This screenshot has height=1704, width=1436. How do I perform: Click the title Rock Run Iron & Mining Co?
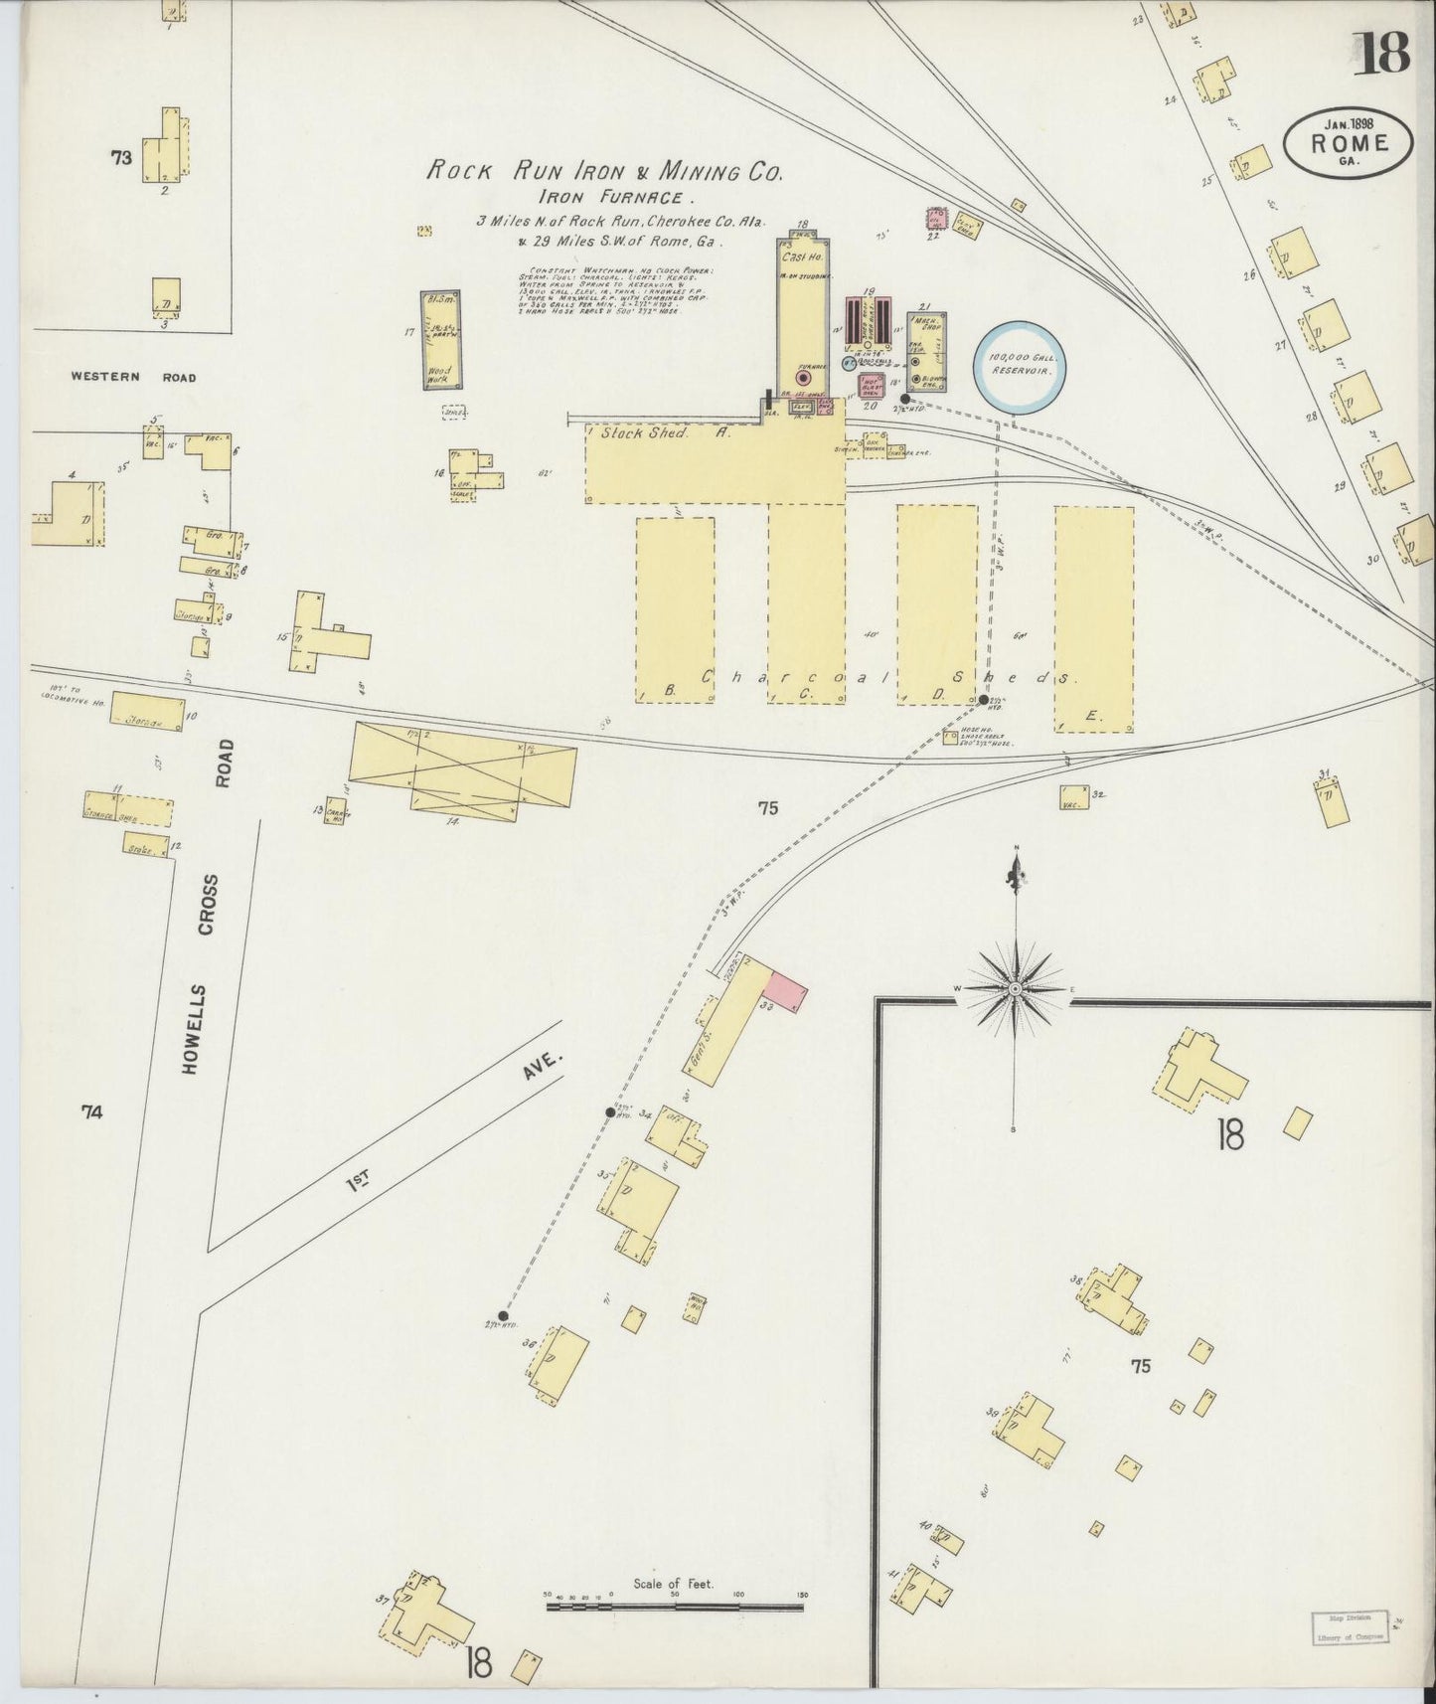click(x=604, y=171)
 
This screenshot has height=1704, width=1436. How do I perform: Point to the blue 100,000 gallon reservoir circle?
click(x=1020, y=363)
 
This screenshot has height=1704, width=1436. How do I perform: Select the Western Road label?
click(x=133, y=378)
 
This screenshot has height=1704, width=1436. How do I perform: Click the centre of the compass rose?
click(x=1015, y=989)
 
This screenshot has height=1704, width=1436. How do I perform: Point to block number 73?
click(x=121, y=156)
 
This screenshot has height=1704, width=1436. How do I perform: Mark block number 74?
click(x=91, y=1113)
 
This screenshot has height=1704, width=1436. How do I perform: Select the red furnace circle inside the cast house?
click(x=804, y=378)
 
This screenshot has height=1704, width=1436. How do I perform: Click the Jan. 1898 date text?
click(x=1349, y=124)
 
